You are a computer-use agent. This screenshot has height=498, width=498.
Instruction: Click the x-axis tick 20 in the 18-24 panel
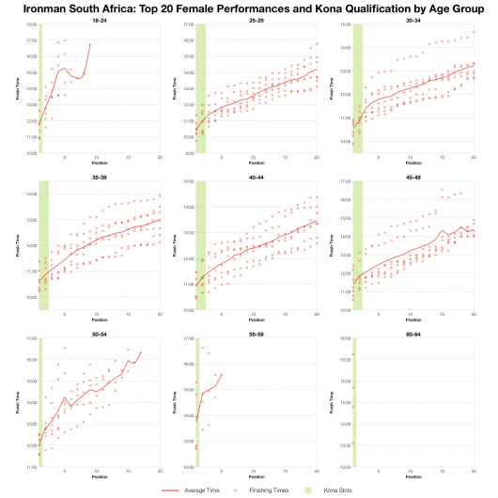160,157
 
